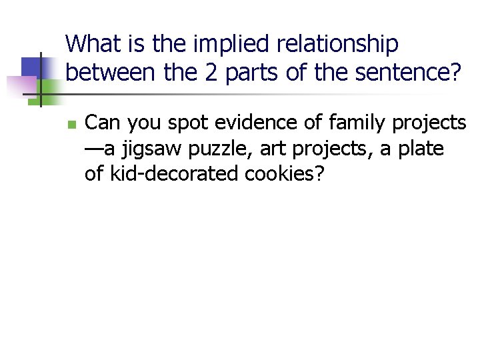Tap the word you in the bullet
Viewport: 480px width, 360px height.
(x=153, y=124)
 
